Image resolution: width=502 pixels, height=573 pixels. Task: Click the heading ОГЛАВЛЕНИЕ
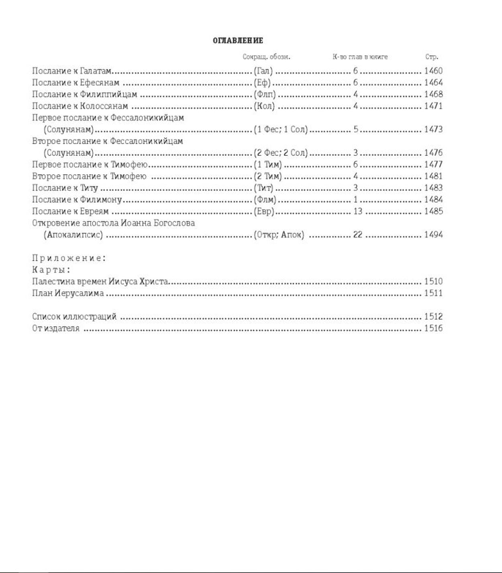point(238,41)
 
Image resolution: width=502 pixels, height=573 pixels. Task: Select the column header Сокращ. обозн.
point(266,57)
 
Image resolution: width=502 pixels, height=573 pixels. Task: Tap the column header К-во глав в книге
point(360,57)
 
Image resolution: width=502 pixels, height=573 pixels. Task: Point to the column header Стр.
point(432,57)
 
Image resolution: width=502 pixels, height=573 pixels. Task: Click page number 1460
point(433,71)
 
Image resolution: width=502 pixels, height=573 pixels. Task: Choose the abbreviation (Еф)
point(262,83)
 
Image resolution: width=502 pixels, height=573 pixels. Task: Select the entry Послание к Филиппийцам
point(84,94)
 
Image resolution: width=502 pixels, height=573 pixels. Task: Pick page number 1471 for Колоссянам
point(433,106)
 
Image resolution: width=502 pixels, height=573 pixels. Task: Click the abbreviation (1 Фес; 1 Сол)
point(280,129)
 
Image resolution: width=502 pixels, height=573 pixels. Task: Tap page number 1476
point(433,153)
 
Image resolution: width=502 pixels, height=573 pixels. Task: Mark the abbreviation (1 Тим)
point(267,164)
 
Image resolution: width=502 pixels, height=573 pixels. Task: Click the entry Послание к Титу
point(65,188)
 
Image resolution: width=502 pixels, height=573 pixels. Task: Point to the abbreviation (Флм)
point(265,199)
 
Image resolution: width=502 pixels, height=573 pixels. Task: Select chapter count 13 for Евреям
point(357,211)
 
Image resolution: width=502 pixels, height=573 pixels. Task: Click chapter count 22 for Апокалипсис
point(357,235)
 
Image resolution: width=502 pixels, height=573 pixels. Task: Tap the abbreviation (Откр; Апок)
point(279,235)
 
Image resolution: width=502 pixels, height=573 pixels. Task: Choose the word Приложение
point(68,258)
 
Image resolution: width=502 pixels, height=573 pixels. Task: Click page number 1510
point(433,281)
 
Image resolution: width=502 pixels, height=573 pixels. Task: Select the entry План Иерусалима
point(68,293)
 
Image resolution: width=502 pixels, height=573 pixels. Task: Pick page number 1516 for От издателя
point(433,328)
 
